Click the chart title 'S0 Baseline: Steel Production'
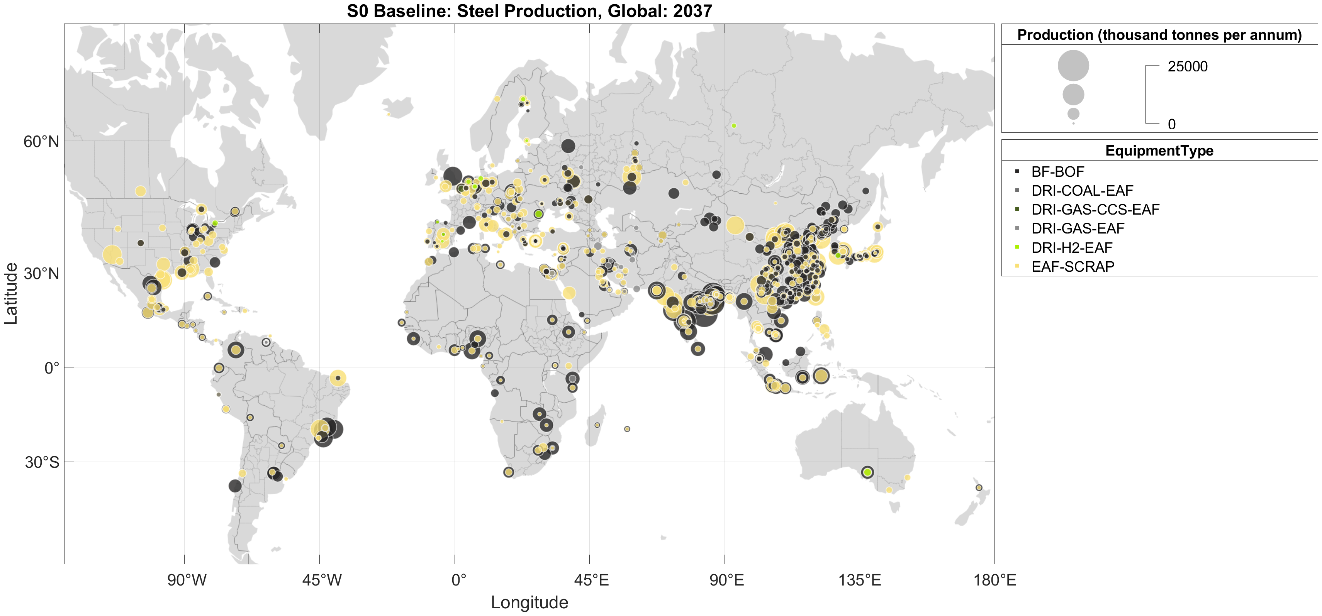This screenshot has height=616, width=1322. (529, 11)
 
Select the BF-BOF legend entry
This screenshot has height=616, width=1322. (1057, 172)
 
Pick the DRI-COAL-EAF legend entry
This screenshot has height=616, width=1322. (1082, 191)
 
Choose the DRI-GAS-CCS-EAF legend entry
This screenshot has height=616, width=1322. (1095, 209)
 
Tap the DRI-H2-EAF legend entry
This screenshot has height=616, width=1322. (1072, 248)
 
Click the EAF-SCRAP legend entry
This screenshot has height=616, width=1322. (1073, 267)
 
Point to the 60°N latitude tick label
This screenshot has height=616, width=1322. (41, 142)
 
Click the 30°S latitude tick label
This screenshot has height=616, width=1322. (42, 462)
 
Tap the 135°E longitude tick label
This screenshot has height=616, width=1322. (860, 580)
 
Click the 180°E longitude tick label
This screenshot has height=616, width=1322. (994, 580)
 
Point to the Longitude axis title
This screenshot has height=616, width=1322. (529, 602)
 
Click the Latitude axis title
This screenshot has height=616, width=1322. (11, 293)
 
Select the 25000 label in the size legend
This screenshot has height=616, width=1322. (1188, 67)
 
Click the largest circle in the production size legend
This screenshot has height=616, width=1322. (1073, 66)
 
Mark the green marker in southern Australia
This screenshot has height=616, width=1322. (867, 472)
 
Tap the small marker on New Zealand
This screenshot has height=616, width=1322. (979, 488)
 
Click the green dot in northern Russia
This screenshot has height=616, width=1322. (734, 126)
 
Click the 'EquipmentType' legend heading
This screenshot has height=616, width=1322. (1159, 151)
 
